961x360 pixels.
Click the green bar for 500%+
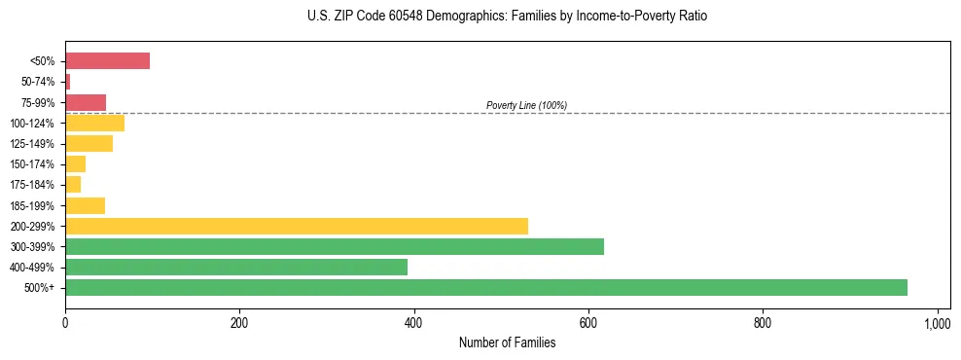(x=486, y=287)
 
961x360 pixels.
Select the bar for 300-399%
(x=334, y=246)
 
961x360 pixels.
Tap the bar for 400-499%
(x=236, y=267)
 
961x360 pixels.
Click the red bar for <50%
(x=107, y=61)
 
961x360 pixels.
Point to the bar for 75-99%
(x=86, y=102)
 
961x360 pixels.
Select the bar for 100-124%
(x=94, y=123)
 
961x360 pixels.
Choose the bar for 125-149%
(x=89, y=143)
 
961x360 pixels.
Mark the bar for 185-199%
(x=85, y=205)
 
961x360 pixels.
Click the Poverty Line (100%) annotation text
(x=526, y=105)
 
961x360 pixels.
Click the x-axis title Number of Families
(x=508, y=343)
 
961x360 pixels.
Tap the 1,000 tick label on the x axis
(x=937, y=323)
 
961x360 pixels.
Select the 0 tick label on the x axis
(x=65, y=323)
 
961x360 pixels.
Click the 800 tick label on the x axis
(x=763, y=323)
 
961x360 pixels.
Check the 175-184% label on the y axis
(x=34, y=185)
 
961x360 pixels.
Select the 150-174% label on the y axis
(x=34, y=164)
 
